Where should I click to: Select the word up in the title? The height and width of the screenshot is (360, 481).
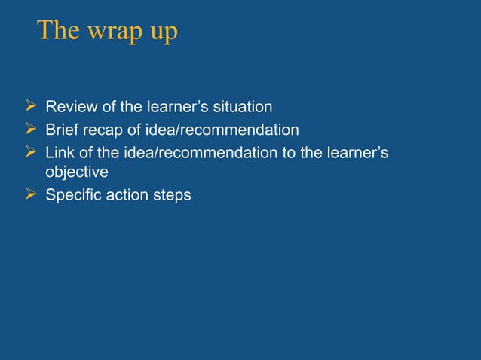(x=162, y=34)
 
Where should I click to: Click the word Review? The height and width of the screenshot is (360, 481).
(x=70, y=106)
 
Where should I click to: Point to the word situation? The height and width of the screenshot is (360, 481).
(x=240, y=106)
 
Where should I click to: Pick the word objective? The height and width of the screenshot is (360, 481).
(x=77, y=172)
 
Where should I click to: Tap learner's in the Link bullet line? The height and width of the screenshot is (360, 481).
(x=360, y=153)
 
